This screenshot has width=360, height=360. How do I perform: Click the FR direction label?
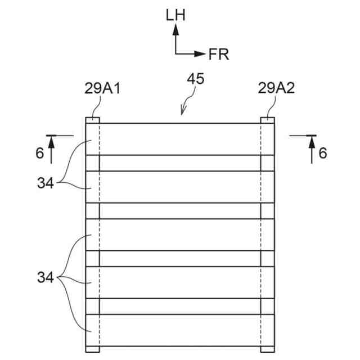pos(219,54)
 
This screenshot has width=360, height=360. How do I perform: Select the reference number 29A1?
pos(102,88)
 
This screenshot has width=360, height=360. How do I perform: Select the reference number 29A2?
pos(276,88)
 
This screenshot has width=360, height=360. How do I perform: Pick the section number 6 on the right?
pos(322,153)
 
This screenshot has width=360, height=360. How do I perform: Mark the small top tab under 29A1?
pos(92,120)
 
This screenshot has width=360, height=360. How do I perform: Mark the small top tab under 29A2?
pos(268,120)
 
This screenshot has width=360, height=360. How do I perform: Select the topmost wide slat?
pos(180,138)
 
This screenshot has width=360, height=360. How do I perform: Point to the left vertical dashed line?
pos(99,236)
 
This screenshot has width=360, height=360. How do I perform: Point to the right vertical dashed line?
pos(261,236)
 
